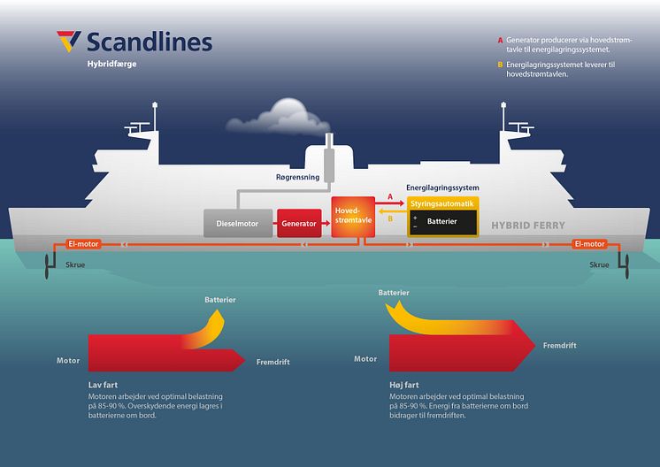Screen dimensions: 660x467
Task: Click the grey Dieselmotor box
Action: pyautogui.click(x=238, y=224)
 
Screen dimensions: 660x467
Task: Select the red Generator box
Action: pyautogui.click(x=299, y=224)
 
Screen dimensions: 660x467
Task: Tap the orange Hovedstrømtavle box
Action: pyautogui.click(x=353, y=217)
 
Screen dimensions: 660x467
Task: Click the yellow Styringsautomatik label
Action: pyautogui.click(x=442, y=203)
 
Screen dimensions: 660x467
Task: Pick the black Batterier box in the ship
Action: pyautogui.click(x=443, y=223)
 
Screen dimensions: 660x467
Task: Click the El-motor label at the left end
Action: pyautogui.click(x=83, y=243)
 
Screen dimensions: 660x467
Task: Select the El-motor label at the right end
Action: pyautogui.click(x=590, y=243)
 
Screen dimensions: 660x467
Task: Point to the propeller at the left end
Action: pyautogui.click(x=47, y=266)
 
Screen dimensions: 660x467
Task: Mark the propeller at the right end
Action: pyautogui.click(x=626, y=266)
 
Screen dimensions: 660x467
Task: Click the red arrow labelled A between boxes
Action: pyautogui.click(x=389, y=203)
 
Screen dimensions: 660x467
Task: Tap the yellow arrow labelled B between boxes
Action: pyautogui.click(x=392, y=211)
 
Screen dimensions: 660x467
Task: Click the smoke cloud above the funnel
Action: pyautogui.click(x=279, y=117)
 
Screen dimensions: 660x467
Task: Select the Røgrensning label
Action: pyautogui.click(x=297, y=177)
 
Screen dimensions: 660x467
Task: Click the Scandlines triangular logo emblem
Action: pyautogui.click(x=69, y=41)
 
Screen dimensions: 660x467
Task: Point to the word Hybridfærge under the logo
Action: pyautogui.click(x=112, y=64)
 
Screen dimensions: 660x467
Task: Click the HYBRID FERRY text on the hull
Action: pyautogui.click(x=528, y=226)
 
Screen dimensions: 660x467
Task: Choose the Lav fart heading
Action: pyautogui.click(x=103, y=385)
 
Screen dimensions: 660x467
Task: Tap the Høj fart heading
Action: pyautogui.click(x=404, y=385)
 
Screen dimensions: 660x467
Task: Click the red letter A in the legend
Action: pyautogui.click(x=500, y=41)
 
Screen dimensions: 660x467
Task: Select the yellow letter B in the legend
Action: pyautogui.click(x=500, y=65)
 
